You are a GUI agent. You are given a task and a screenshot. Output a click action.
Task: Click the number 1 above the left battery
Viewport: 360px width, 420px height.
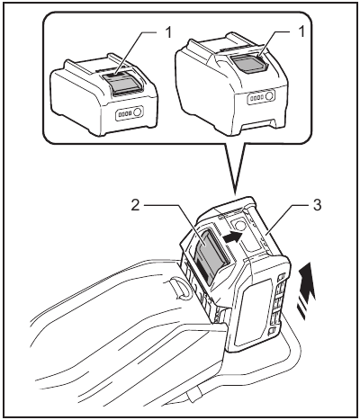tap(167, 31)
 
